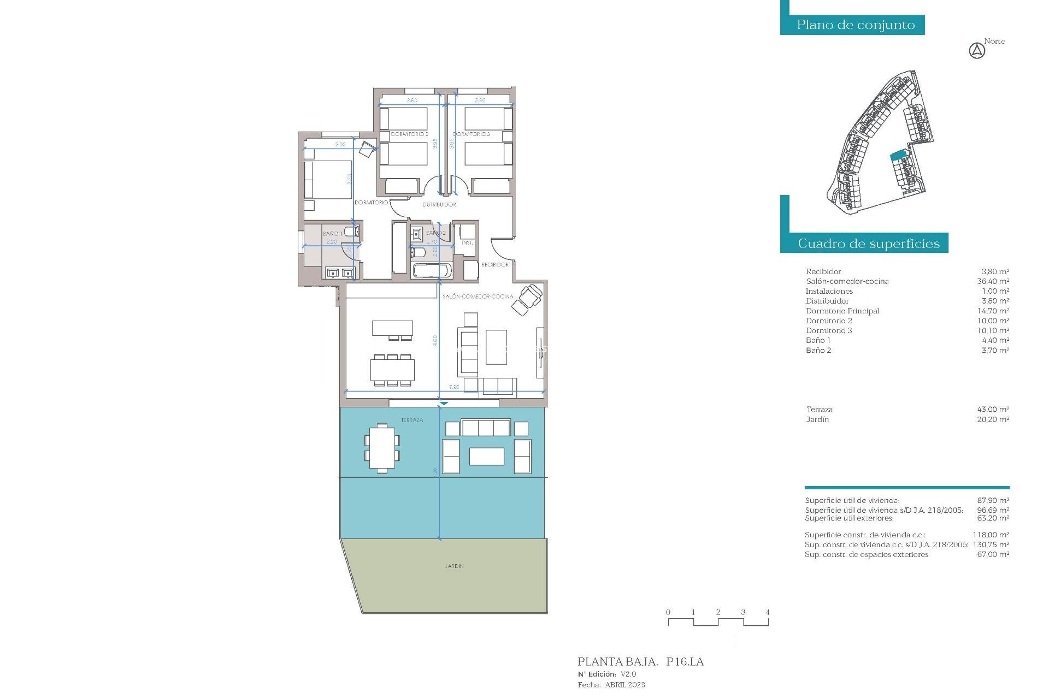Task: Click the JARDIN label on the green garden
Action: pyautogui.click(x=454, y=566)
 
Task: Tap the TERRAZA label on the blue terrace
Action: pyautogui.click(x=412, y=420)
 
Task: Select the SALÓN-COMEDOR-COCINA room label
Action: pyautogui.click(x=478, y=297)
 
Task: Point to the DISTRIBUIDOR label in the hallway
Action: pyautogui.click(x=439, y=205)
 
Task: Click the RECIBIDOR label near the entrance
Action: pyautogui.click(x=494, y=265)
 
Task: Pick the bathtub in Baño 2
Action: pyautogui.click(x=432, y=270)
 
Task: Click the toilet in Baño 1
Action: pyautogui.click(x=352, y=232)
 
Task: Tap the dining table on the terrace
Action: pyautogui.click(x=382, y=448)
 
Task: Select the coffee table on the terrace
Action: pyautogui.click(x=486, y=457)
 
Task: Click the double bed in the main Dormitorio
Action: pyautogui.click(x=328, y=179)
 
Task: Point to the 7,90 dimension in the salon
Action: pyautogui.click(x=454, y=387)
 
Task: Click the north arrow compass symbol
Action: pyautogui.click(x=977, y=51)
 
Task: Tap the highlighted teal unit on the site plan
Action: pyautogui.click(x=898, y=156)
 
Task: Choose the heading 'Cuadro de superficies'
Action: pyautogui.click(x=869, y=244)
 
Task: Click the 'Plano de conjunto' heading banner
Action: pyautogui.click(x=856, y=25)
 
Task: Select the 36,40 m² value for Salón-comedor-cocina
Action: pyautogui.click(x=993, y=282)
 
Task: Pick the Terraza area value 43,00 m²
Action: pyautogui.click(x=993, y=410)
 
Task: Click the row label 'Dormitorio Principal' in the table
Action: pyautogui.click(x=842, y=311)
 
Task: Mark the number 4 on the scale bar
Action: pyautogui.click(x=767, y=612)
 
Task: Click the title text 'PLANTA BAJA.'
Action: pyautogui.click(x=617, y=662)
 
